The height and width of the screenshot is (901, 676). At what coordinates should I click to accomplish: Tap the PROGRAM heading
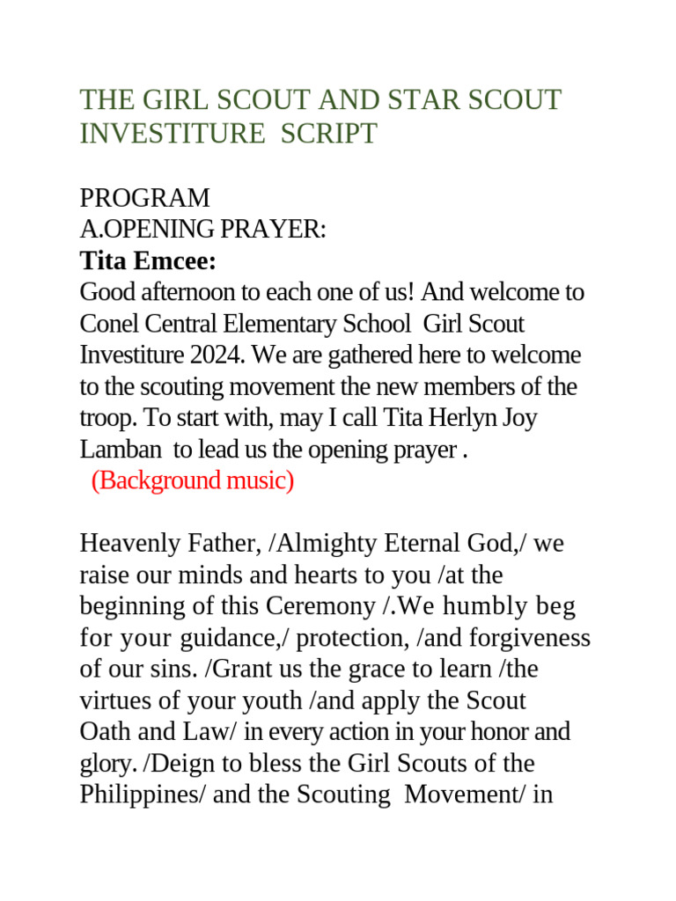pyautogui.click(x=145, y=198)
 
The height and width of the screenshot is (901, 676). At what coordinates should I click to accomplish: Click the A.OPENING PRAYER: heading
pyautogui.click(x=202, y=230)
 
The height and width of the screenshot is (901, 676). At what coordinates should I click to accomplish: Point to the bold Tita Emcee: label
pyautogui.click(x=148, y=261)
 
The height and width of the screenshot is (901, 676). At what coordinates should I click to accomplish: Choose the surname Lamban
pyautogui.click(x=121, y=450)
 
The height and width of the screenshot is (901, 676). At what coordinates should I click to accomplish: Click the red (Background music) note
pyautogui.click(x=193, y=481)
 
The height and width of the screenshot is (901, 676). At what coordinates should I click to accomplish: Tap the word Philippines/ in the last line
pyautogui.click(x=135, y=795)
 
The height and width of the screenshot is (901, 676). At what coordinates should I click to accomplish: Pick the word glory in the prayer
pyautogui.click(x=103, y=764)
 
